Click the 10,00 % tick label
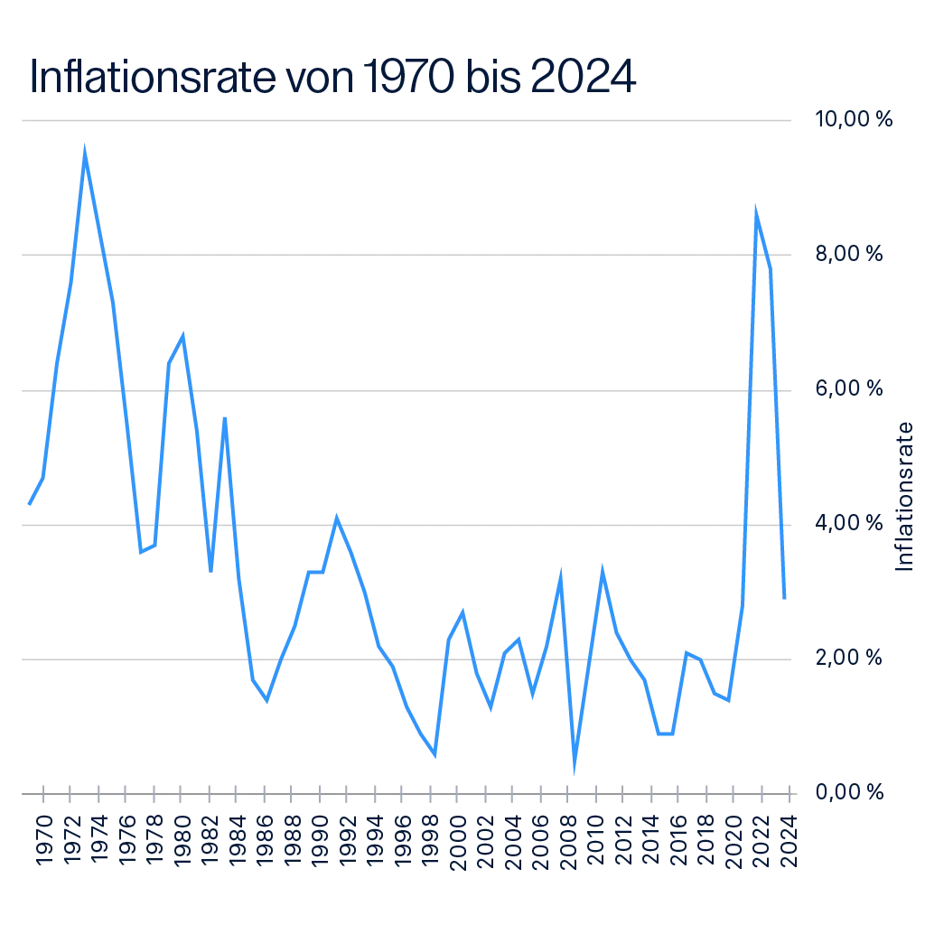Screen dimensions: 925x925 855,119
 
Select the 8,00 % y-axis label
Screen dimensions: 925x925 850,257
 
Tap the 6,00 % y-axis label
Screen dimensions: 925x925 850,389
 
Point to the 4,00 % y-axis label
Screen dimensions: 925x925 850,524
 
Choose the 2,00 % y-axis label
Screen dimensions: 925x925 848,657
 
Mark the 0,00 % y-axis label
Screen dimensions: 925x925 850,792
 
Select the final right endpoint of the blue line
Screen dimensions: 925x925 785,597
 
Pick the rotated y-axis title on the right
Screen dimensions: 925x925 906,494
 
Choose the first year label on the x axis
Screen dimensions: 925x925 42,840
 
